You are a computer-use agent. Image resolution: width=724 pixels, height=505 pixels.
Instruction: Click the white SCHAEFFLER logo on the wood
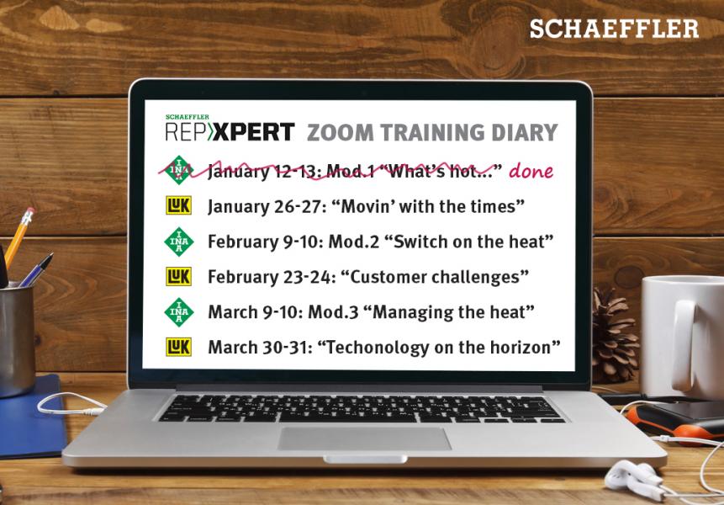point(614,29)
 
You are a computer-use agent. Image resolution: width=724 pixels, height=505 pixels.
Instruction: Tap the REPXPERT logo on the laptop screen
point(230,129)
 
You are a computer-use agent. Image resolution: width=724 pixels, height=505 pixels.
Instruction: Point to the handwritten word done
point(531,171)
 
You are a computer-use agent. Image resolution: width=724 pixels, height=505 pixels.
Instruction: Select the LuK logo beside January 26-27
point(179,205)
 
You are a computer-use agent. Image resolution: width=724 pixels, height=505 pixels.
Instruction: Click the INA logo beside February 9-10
point(179,242)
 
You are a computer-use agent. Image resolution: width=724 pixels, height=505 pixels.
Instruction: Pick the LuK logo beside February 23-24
point(179,276)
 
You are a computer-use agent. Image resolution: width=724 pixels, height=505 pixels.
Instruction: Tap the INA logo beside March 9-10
point(179,312)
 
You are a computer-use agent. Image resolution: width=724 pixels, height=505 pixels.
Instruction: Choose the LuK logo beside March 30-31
point(179,347)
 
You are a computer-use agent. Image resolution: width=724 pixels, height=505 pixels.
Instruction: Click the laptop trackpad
point(364,439)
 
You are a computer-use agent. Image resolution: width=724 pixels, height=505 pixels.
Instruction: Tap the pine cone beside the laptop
point(613,336)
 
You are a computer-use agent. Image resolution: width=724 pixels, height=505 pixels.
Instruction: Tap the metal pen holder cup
point(17,341)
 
